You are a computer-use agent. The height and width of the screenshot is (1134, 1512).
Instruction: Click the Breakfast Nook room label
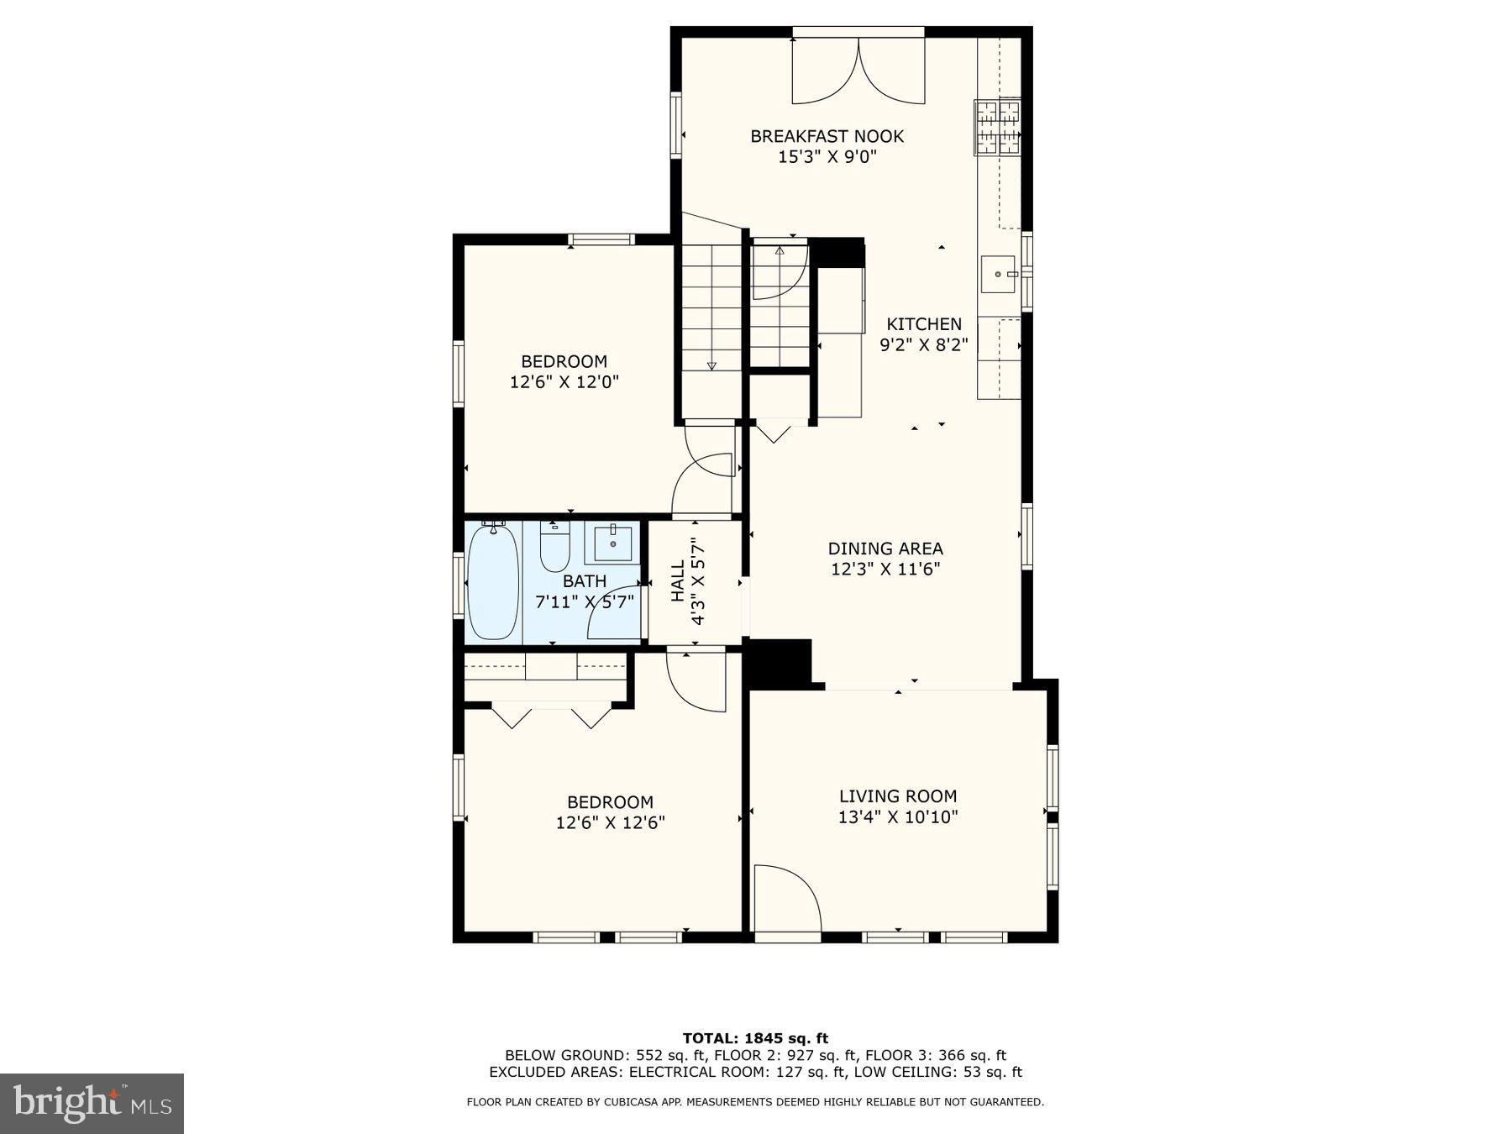point(827,136)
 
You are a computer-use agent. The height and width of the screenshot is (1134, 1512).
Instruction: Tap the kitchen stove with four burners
point(997,127)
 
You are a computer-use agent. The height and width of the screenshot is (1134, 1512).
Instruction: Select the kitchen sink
point(998,275)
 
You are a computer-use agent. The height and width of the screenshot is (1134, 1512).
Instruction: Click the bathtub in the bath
point(492,581)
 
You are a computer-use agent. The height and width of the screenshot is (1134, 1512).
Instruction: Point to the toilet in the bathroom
point(554,548)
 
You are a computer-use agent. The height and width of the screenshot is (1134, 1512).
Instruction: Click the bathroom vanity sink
point(614,543)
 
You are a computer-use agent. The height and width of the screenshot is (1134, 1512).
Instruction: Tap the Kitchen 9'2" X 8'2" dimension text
point(924,344)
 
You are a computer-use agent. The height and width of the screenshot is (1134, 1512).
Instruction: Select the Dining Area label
point(885,549)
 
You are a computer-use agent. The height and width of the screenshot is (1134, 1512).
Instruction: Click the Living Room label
point(898,796)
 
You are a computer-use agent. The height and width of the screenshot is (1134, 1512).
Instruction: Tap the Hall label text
point(678,581)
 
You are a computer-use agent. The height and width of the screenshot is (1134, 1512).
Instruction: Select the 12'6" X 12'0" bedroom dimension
point(564,382)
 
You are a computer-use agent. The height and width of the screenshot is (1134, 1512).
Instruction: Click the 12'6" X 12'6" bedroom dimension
point(611,822)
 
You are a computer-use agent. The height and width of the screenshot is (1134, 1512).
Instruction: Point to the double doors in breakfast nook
point(858,71)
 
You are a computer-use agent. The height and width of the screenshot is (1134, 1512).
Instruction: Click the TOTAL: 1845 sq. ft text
point(755,1038)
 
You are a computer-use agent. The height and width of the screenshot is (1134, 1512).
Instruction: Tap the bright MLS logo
point(92,1103)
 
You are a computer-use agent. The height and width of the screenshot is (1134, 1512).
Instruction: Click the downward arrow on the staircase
point(711,365)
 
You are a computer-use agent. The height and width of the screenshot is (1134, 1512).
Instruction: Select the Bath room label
point(585,581)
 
